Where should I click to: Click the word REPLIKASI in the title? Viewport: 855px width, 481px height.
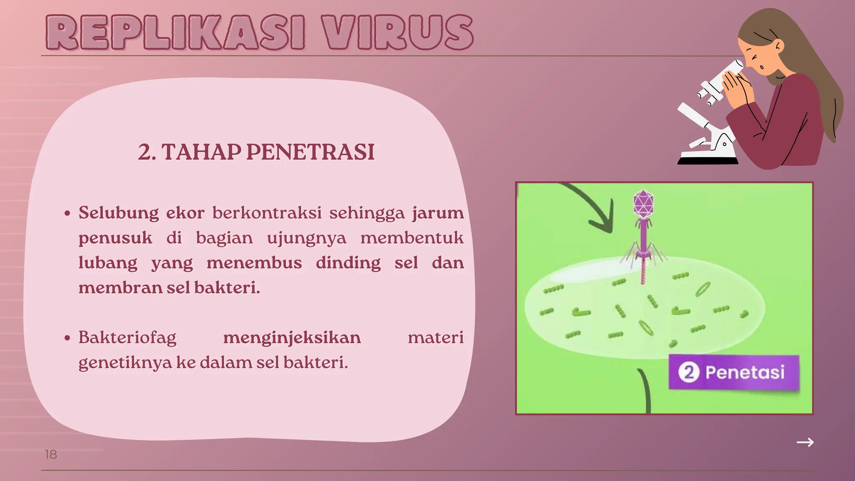(175, 33)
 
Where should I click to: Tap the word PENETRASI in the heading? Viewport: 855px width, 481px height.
(310, 152)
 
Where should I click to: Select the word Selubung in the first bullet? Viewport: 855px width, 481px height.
(119, 213)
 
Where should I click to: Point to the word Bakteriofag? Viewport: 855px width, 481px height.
(127, 337)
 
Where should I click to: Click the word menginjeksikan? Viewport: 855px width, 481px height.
(292, 337)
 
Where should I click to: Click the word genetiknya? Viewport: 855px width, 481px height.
(125, 362)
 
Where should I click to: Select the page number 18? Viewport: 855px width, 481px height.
(51, 454)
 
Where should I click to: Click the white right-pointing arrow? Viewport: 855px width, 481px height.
(805, 442)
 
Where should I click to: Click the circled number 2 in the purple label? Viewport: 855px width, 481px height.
(688, 372)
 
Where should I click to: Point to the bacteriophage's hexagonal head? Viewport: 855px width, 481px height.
(643, 203)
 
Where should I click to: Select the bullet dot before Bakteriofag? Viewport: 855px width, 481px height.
(68, 338)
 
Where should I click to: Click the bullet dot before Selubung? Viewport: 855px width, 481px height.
(68, 213)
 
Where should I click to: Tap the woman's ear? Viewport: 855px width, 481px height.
(777, 47)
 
